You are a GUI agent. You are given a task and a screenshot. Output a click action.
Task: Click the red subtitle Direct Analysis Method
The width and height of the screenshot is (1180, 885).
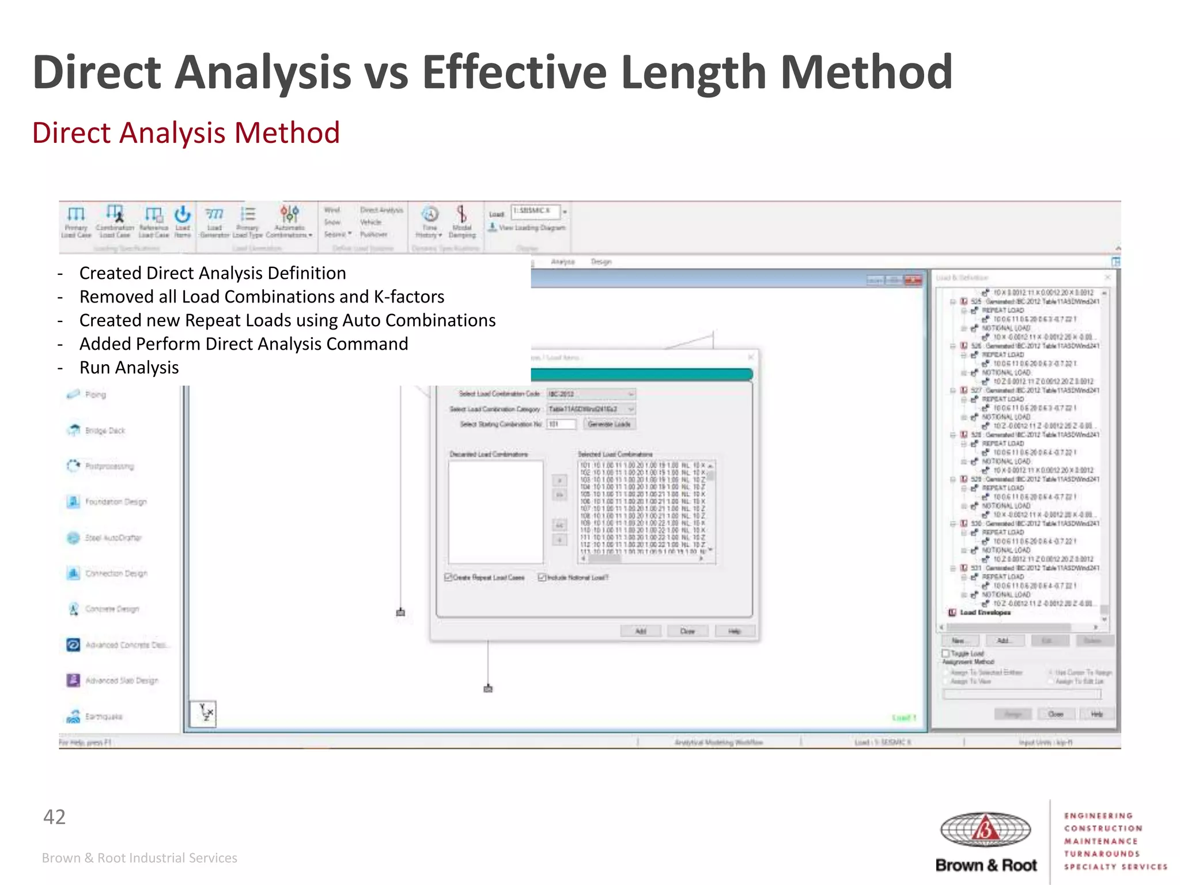tap(186, 133)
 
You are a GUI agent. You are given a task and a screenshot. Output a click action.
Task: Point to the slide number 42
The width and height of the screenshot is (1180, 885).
tap(55, 817)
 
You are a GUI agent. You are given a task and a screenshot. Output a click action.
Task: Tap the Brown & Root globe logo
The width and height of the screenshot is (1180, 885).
tap(985, 830)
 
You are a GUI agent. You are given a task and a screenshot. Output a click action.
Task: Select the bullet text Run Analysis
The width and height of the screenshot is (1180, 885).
tap(129, 368)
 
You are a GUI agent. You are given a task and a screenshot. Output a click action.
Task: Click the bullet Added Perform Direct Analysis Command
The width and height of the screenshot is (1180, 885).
tap(244, 344)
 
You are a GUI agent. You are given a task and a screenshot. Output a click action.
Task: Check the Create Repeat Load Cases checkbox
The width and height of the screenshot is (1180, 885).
tap(448, 577)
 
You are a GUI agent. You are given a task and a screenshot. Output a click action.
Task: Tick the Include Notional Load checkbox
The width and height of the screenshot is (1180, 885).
tap(542, 577)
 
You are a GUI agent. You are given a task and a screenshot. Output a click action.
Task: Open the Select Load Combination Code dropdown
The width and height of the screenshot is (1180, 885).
tap(591, 394)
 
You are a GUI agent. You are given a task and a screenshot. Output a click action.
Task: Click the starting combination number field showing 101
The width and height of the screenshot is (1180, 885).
tap(561, 425)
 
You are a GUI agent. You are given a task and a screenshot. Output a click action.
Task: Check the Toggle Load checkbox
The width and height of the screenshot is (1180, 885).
tap(945, 653)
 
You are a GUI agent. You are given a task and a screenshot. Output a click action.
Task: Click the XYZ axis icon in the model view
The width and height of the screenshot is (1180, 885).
tap(203, 713)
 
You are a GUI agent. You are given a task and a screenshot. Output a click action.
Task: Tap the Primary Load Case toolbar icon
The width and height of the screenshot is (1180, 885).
tap(76, 221)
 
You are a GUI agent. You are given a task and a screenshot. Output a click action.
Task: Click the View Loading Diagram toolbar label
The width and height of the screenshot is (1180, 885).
tap(531, 228)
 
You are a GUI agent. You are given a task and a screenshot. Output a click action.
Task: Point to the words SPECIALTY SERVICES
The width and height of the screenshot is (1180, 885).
tap(1115, 867)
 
